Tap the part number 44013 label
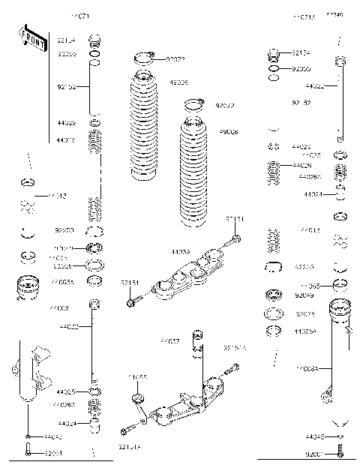pyautogui.click(x=65, y=139)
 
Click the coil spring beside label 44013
pyautogui.click(x=95, y=141)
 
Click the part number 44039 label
pyautogui.click(x=180, y=253)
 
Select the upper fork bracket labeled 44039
pyautogui.click(x=187, y=274)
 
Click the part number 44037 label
pyautogui.click(x=169, y=341)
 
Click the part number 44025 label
pyautogui.click(x=65, y=391)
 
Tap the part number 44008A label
pyautogui.click(x=307, y=368)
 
